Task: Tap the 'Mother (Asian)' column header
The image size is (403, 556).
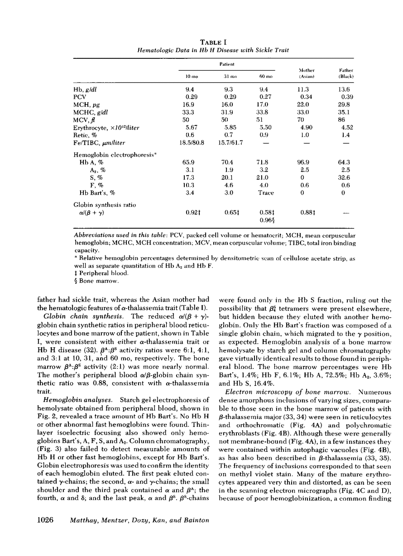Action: point(306,73)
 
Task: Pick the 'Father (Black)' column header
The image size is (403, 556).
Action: point(346,73)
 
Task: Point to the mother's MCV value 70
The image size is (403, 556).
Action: point(306,120)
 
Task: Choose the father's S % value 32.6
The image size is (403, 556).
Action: point(346,178)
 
